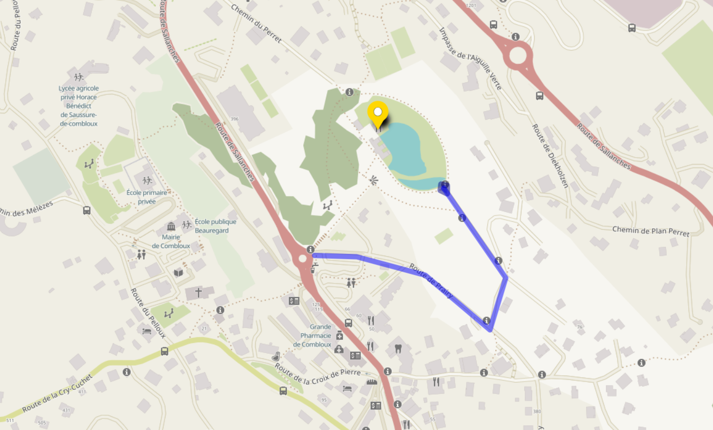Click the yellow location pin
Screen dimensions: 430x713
(378, 113)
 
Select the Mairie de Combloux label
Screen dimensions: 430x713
(171, 241)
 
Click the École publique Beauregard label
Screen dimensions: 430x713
(215, 226)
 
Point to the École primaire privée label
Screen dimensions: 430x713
(147, 197)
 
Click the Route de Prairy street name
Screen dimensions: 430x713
(431, 281)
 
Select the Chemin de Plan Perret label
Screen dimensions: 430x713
(650, 231)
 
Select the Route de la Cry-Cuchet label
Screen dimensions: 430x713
(57, 394)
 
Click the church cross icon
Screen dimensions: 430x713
(198, 292)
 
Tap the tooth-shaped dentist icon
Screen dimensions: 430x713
(398, 348)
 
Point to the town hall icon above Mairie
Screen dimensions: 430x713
(171, 227)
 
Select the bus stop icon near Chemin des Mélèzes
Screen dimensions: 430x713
(86, 210)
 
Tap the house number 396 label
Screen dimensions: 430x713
(234, 119)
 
